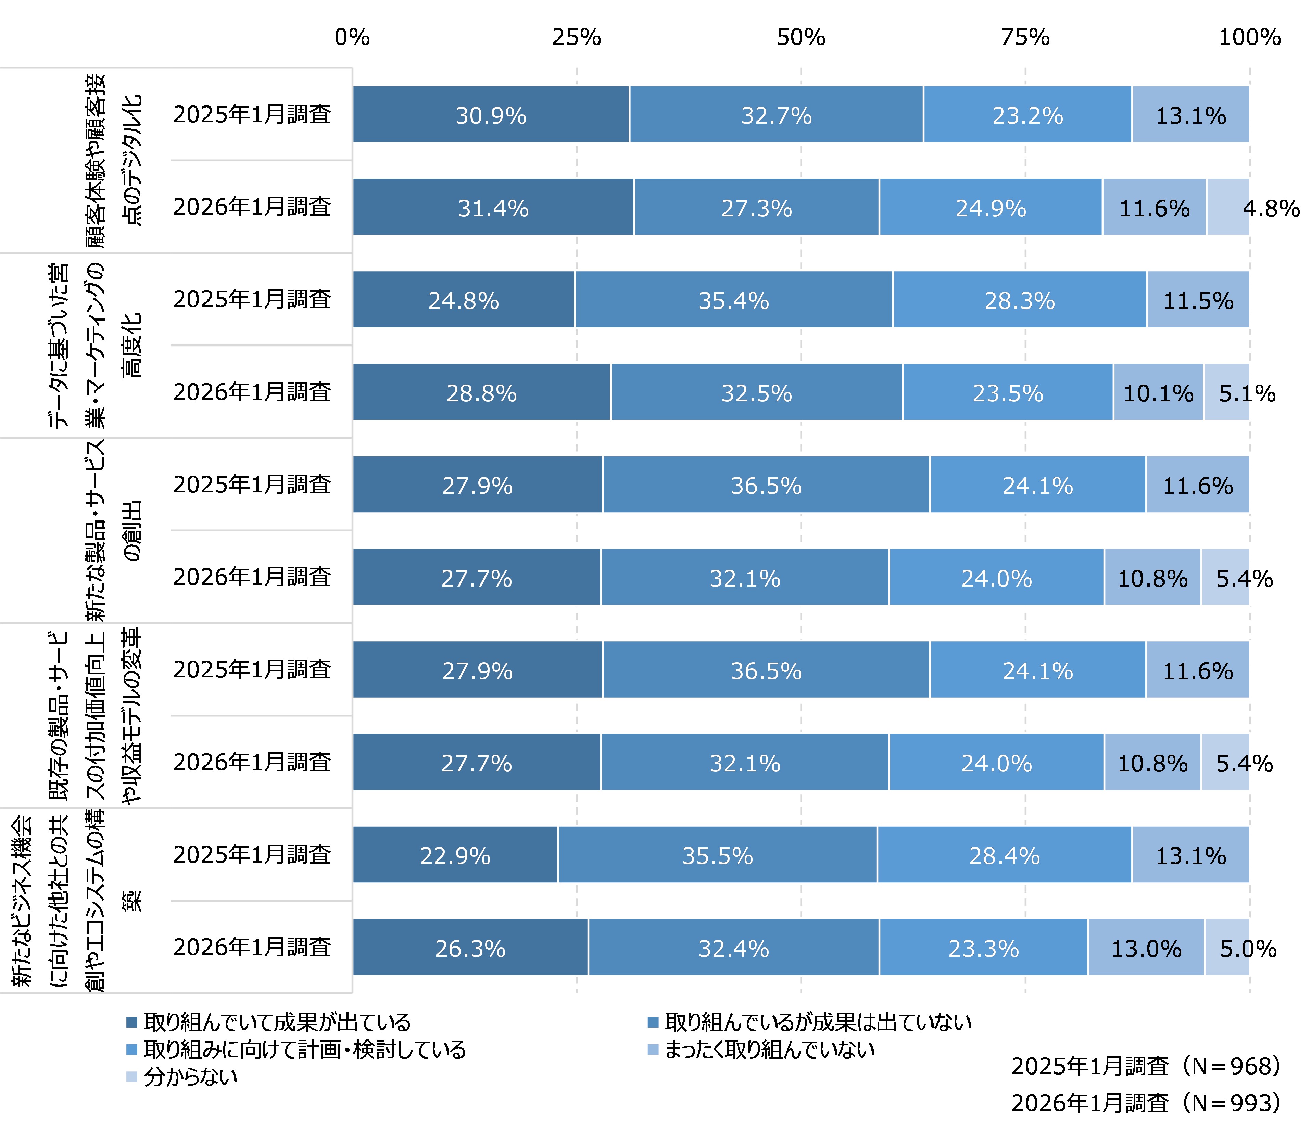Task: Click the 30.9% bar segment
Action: [x=491, y=115]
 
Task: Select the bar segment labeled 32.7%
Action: [x=776, y=115]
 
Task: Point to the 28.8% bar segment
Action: [x=481, y=392]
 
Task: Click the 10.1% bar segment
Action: [x=1158, y=392]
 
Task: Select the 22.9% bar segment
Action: [x=455, y=855]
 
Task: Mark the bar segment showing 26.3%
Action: [x=470, y=947]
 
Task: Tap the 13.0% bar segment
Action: [x=1146, y=947]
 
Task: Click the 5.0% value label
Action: [x=1248, y=949]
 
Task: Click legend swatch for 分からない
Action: [x=132, y=1077]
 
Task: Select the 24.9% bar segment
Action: [x=990, y=207]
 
